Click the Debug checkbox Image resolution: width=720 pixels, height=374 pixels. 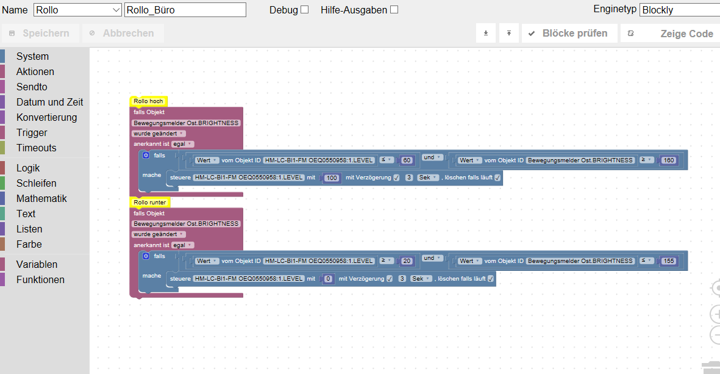[x=304, y=10]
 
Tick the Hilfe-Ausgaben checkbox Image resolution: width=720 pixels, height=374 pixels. [x=394, y=10]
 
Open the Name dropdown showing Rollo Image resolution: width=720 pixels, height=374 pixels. [x=77, y=10]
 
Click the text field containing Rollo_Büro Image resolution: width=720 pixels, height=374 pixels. [x=185, y=10]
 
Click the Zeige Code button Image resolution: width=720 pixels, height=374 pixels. [x=670, y=34]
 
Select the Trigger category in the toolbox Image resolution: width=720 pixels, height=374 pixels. [x=32, y=133]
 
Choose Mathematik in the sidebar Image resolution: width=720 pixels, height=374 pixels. [x=41, y=198]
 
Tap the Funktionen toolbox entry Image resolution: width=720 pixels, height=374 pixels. [x=40, y=280]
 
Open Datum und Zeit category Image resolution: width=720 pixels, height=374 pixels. [x=49, y=102]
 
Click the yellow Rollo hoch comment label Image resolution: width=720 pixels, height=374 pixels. [x=148, y=101]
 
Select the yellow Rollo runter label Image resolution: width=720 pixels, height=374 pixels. [x=150, y=202]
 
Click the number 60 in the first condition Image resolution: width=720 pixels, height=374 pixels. [x=407, y=160]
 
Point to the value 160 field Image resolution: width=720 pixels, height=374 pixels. [x=669, y=160]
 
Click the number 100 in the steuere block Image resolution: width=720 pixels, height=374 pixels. [x=332, y=178]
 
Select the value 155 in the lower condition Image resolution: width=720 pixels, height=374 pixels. [x=669, y=261]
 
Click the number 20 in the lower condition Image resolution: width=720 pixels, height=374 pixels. [x=407, y=261]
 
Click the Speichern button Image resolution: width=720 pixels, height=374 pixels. [x=40, y=33]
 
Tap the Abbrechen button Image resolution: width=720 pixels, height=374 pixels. [x=123, y=33]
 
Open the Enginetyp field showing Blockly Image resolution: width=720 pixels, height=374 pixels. [x=680, y=10]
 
